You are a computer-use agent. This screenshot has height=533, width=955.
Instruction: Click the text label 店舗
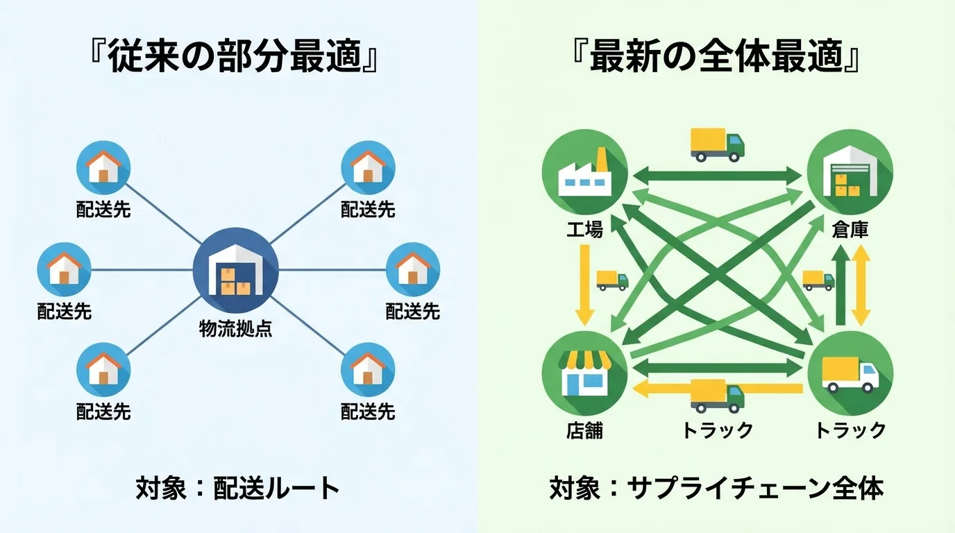(584, 430)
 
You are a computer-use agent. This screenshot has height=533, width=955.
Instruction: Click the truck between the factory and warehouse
(717, 144)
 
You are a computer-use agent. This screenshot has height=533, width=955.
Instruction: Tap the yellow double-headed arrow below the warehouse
(861, 287)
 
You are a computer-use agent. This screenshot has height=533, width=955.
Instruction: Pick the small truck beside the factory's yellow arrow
(611, 280)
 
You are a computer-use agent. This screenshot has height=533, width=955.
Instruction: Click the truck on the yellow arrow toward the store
(717, 395)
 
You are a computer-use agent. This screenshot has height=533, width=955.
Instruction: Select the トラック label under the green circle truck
(850, 430)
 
